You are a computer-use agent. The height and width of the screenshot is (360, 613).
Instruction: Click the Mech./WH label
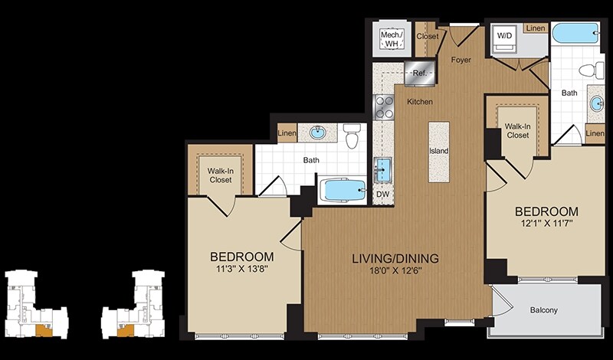392,39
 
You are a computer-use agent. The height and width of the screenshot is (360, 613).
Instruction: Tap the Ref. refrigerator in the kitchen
420,73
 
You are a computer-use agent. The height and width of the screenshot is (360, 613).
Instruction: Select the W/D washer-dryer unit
504,38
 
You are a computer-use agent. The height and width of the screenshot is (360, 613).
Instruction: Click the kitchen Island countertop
438,152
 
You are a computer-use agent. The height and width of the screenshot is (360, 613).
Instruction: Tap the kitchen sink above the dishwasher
382,169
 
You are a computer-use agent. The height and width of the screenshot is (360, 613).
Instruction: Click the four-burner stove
384,107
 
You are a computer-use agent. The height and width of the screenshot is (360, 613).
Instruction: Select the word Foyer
461,60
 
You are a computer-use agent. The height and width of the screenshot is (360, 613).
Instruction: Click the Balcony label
544,310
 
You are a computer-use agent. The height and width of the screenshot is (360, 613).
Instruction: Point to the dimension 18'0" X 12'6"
395,270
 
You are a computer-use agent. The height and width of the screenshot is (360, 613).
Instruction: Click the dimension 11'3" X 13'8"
241,269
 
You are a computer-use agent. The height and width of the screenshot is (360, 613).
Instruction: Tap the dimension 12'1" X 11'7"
546,224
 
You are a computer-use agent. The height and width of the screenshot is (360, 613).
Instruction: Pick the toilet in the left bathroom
352,136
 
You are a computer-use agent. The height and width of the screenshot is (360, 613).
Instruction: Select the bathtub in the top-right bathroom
575,33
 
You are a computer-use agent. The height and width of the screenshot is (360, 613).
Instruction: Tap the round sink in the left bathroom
317,132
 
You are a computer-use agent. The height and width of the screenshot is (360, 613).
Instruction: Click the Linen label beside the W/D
536,28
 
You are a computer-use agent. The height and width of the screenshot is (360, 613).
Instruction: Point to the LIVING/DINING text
395,258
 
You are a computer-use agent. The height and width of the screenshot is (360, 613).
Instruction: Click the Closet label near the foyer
428,36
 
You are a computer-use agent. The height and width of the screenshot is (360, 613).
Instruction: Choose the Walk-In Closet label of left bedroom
221,175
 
